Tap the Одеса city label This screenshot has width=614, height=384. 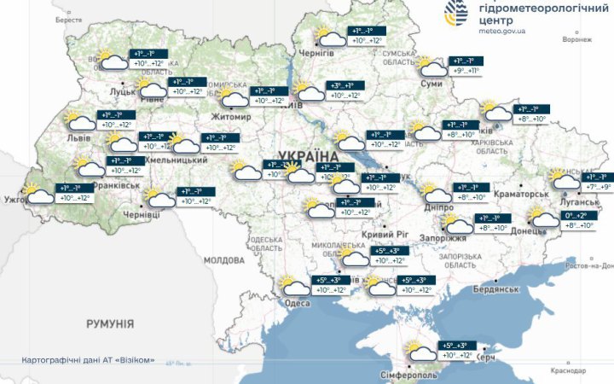click(297, 303)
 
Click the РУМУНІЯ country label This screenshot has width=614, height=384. click(109, 324)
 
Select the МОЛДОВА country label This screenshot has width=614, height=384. click(224, 260)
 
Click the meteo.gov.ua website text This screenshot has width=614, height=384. click(502, 31)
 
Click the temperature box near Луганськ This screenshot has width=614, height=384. click(594, 182)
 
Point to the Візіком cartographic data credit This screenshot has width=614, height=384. click(89, 360)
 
